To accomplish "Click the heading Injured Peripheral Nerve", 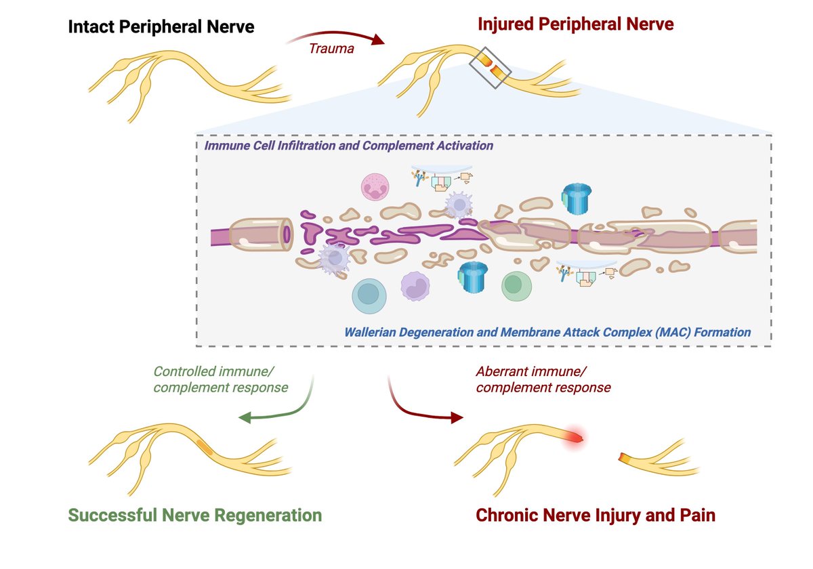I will [575, 24].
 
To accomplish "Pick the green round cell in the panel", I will [516, 286].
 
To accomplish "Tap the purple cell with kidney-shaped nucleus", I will [417, 286].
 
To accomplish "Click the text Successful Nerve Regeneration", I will [194, 515].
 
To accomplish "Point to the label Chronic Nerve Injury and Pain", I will [596, 515].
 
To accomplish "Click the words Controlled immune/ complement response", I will [220, 379].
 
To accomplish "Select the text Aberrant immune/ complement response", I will [542, 379].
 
